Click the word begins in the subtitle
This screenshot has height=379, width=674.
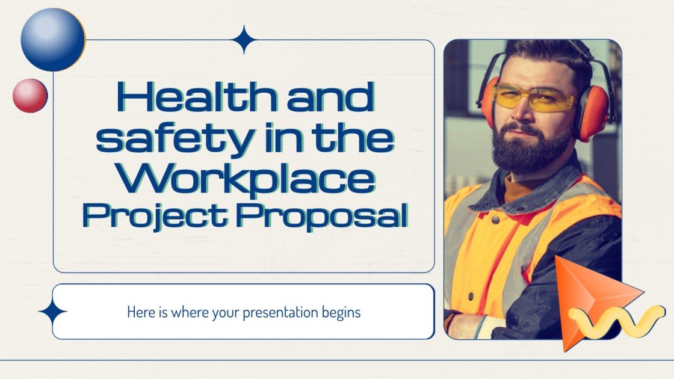341,313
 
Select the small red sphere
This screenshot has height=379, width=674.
30,96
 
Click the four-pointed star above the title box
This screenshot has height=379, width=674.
244,40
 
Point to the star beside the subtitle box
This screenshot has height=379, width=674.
52,312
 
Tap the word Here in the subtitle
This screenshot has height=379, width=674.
138,313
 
